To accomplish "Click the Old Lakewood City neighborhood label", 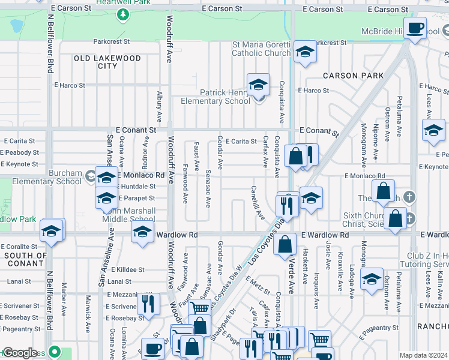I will pyautogui.click(x=107, y=62).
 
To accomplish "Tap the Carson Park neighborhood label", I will pyautogui.click(x=353, y=76).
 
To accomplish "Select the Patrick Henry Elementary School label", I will pyautogui.click(x=216, y=97).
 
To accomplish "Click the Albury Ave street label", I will pyautogui.click(x=159, y=107).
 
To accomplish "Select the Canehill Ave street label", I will pyautogui.click(x=258, y=202).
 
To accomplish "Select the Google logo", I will pyautogui.click(x=20, y=353).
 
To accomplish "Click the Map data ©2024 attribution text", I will pyautogui.click(x=423, y=355).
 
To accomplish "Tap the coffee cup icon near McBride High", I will pyautogui.click(x=415, y=28).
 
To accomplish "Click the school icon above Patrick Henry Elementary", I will pyautogui.click(x=258, y=86).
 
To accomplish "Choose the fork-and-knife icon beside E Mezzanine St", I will pyautogui.click(x=148, y=304).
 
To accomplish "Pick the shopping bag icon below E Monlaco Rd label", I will pyautogui.click(x=383, y=193).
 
